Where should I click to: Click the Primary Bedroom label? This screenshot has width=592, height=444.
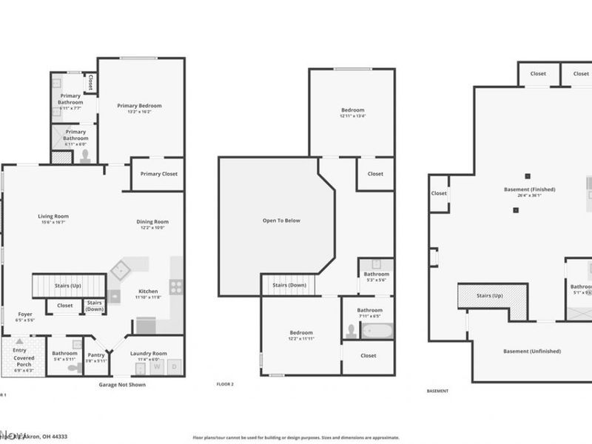139,106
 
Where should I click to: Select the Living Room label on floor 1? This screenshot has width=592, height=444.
53,216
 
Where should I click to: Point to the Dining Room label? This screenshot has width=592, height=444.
152,221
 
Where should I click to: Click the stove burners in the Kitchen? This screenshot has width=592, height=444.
177,286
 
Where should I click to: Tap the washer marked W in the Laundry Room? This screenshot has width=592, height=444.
157,366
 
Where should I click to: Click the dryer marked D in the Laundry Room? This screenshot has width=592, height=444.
175,366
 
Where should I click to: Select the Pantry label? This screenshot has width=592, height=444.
96,354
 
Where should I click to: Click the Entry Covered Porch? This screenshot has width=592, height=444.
22,356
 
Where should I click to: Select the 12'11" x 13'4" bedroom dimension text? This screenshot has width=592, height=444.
352,115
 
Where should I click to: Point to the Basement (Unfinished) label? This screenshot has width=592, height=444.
532,351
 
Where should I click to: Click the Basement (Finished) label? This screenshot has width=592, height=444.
529,189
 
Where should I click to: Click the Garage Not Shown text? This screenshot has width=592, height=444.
122,385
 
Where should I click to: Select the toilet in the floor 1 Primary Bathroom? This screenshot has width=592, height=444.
85,155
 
